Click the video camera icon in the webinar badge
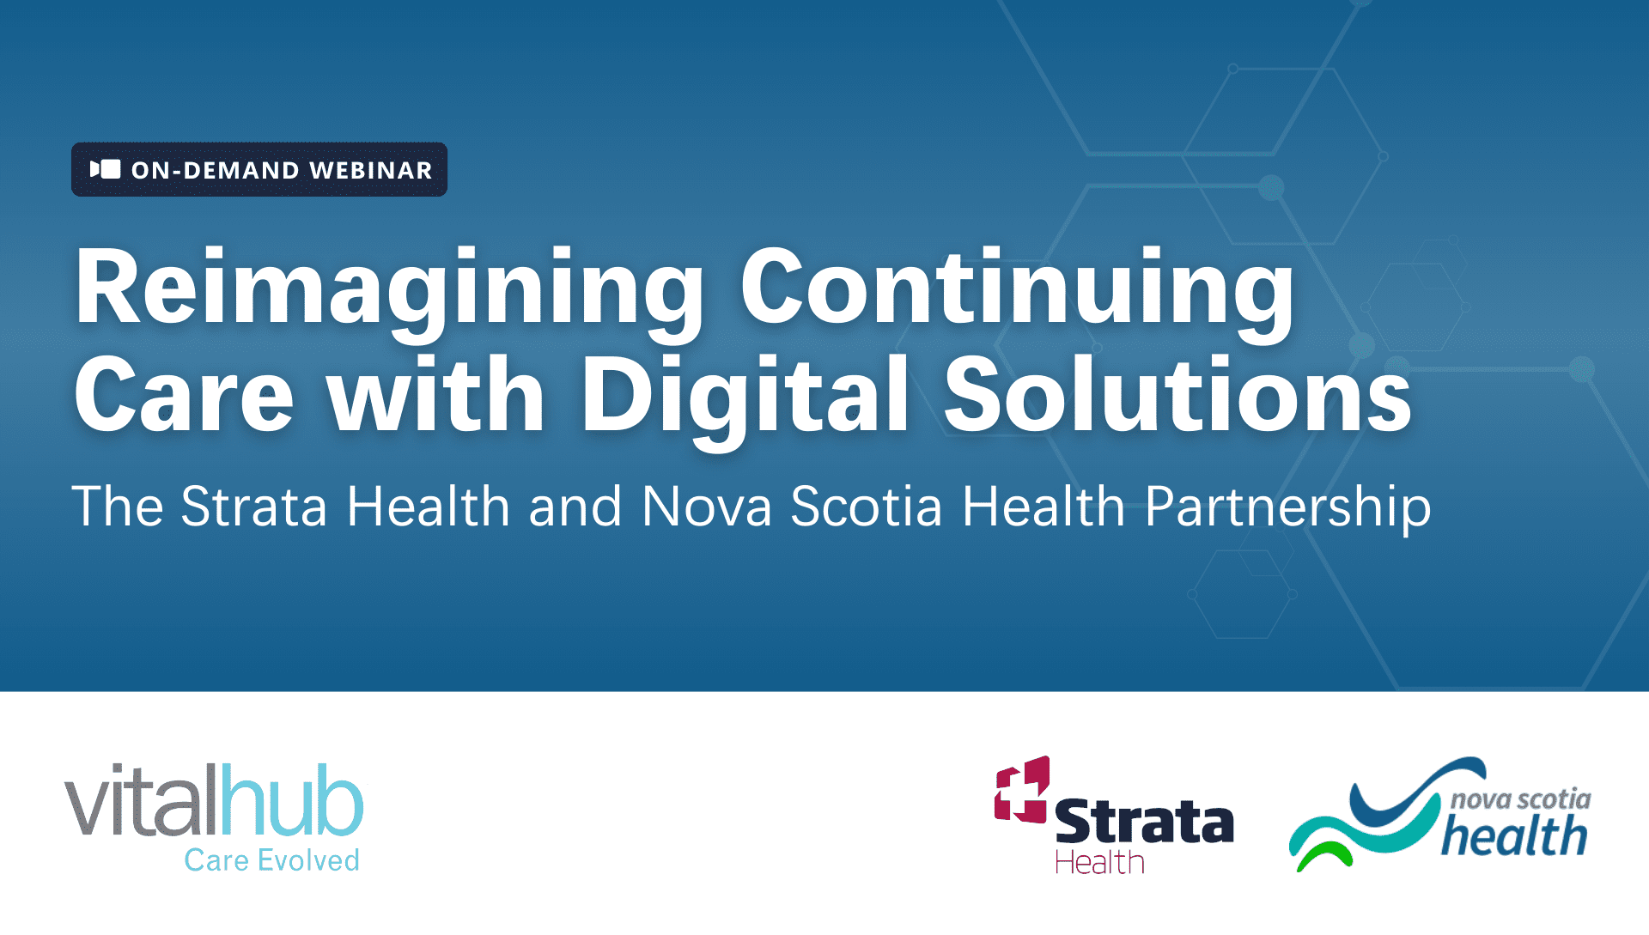pyautogui.click(x=106, y=169)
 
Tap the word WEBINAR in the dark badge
pyautogui.click(x=371, y=170)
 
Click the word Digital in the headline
pyautogui.click(x=745, y=400)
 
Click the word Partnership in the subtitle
pyautogui.click(x=1287, y=509)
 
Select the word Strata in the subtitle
pyautogui.click(x=254, y=507)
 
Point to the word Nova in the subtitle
pyautogui.click(x=707, y=507)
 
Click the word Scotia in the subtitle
pyautogui.click(x=867, y=507)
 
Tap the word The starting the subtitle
pyautogui.click(x=118, y=507)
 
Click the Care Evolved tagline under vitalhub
pyautogui.click(x=271, y=860)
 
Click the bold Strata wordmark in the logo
pyautogui.click(x=1144, y=821)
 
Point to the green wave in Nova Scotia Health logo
pyautogui.click(x=1323, y=855)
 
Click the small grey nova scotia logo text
pyautogui.click(x=1520, y=799)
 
